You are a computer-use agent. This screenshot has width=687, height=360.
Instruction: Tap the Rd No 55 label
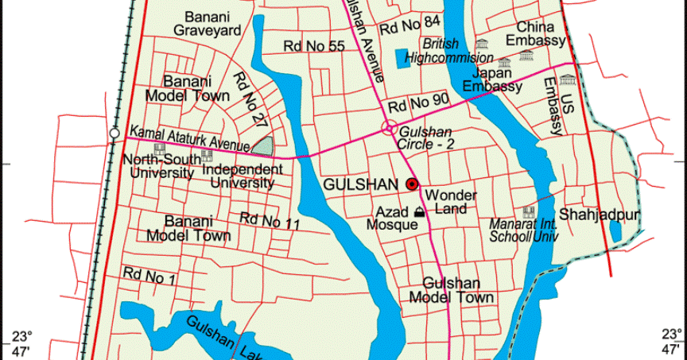point(314,46)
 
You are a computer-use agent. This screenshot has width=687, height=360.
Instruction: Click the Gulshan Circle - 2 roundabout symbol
point(389,127)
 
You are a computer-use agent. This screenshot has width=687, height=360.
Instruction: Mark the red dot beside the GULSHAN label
point(412,184)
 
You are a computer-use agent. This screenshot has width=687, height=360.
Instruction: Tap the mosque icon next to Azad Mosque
point(419,211)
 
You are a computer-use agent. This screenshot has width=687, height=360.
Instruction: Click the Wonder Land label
point(451,202)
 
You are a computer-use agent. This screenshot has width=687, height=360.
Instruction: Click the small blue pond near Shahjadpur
point(615,230)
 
